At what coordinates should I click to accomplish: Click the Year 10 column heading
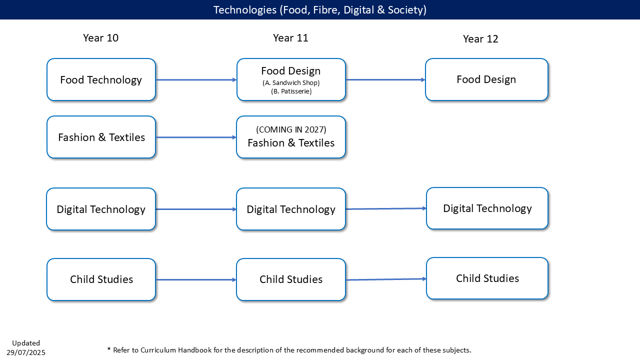(100, 38)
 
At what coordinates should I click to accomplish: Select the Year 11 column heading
(290, 38)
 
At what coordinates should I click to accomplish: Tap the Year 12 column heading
(480, 39)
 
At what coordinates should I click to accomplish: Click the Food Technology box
(101, 79)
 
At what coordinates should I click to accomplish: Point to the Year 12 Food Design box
(486, 79)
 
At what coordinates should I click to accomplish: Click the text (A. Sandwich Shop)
(291, 83)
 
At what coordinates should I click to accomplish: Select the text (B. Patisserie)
(291, 91)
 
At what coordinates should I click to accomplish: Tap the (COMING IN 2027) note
(291, 129)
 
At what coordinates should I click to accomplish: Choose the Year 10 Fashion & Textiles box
(101, 137)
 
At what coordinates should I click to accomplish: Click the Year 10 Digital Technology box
(101, 209)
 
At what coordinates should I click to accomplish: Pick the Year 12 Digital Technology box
(487, 208)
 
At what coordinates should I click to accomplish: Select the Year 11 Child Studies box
(291, 279)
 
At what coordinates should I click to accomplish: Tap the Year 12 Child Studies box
(487, 278)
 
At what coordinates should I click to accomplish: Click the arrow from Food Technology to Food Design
(196, 79)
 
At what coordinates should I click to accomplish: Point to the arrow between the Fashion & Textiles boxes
(196, 137)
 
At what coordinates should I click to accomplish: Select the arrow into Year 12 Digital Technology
(386, 209)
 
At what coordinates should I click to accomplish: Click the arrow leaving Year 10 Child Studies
(196, 279)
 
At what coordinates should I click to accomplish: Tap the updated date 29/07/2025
(26, 352)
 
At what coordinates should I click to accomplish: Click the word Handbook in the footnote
(195, 350)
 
